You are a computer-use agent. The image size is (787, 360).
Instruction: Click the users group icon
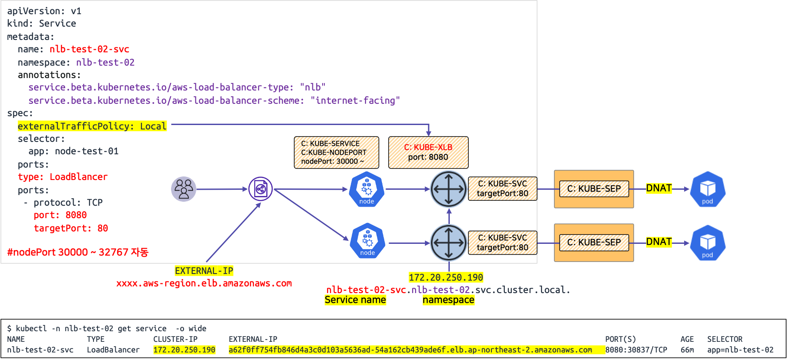pyautogui.click(x=183, y=189)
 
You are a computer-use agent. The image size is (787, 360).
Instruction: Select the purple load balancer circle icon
pyautogui.click(x=261, y=189)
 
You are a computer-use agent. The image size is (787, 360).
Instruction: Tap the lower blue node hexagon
pyautogui.click(x=367, y=242)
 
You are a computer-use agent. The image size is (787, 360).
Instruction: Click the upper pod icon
pyautogui.click(x=707, y=189)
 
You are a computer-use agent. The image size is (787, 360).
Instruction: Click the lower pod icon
pyautogui.click(x=707, y=243)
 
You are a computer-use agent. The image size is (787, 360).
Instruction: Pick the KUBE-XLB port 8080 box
pyautogui.click(x=428, y=152)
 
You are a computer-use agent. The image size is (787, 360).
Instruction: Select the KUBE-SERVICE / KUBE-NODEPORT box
pyautogui.click(x=336, y=152)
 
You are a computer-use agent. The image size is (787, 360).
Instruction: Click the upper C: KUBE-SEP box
pyautogui.click(x=594, y=189)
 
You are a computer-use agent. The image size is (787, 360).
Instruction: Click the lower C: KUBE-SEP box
pyautogui.click(x=594, y=243)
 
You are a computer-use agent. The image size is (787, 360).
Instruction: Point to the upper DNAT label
pyautogui.click(x=659, y=188)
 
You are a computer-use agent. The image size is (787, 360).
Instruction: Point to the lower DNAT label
pyautogui.click(x=659, y=242)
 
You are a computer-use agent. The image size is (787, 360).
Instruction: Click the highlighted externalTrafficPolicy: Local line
pyautogui.click(x=92, y=126)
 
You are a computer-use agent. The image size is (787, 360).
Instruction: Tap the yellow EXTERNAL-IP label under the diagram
pyautogui.click(x=204, y=271)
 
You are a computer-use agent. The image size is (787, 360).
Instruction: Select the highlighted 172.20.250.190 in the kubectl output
pyautogui.click(x=184, y=350)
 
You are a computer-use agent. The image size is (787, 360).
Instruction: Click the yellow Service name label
pyautogui.click(x=355, y=300)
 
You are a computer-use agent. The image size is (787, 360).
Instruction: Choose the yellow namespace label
pyautogui.click(x=448, y=300)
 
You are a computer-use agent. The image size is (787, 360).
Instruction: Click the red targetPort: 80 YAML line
pyautogui.click(x=71, y=228)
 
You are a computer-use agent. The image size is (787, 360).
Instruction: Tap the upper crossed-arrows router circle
pyautogui.click(x=448, y=189)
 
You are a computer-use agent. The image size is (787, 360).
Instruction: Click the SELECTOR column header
pyautogui.click(x=725, y=339)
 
